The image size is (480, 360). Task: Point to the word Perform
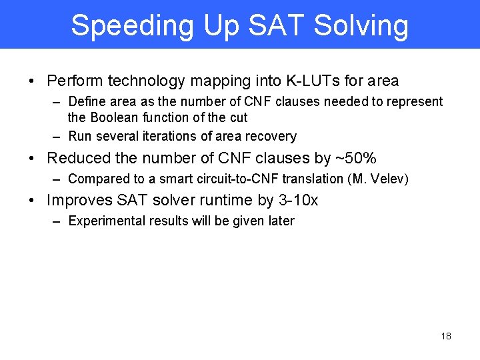click(75, 81)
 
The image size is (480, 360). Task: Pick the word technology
click(149, 81)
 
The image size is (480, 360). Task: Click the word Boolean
click(114, 118)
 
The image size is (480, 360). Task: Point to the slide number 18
click(446, 336)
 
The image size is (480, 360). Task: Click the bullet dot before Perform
click(32, 82)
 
